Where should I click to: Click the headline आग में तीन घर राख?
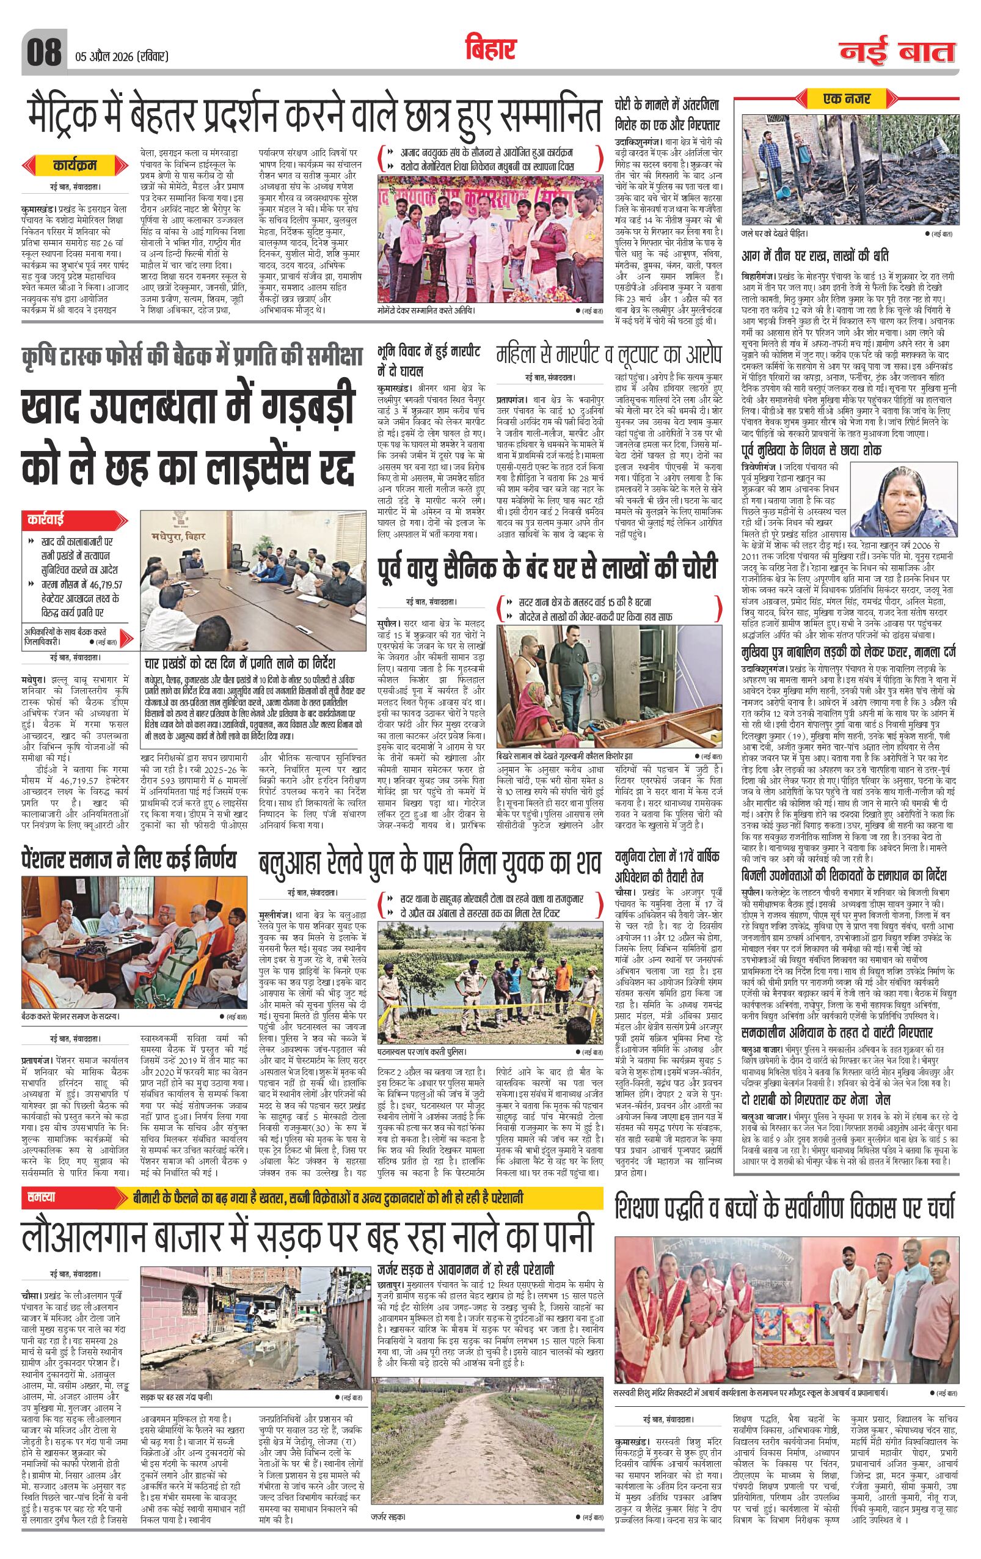tap(815, 257)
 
